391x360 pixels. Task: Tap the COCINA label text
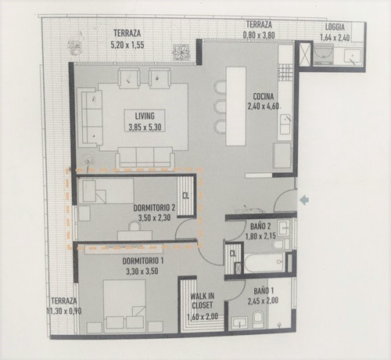click(x=260, y=99)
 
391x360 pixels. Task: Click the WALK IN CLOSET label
click(x=203, y=301)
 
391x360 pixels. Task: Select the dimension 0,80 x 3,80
click(x=260, y=35)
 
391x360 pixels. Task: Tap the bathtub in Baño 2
click(x=266, y=261)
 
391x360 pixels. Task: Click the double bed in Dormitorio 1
click(x=124, y=305)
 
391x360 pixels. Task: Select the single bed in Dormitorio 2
click(x=106, y=192)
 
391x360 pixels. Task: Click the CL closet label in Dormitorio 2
click(x=185, y=196)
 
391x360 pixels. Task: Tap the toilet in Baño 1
click(x=257, y=320)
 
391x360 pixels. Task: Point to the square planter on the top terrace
click(x=183, y=51)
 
